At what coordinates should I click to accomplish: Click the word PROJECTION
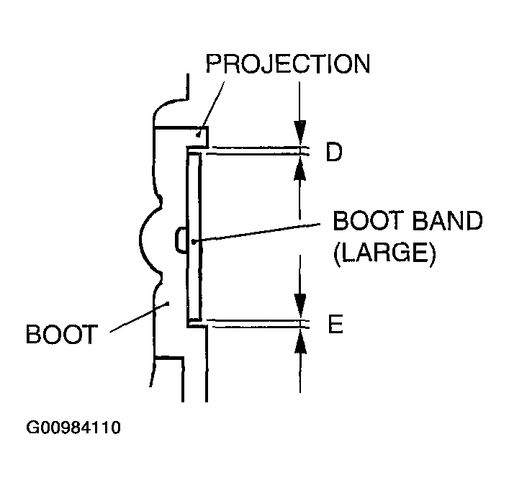click(x=287, y=63)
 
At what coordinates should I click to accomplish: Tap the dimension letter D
click(x=333, y=153)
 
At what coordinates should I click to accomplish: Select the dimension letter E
click(x=335, y=325)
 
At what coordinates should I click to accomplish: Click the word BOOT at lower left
click(x=60, y=335)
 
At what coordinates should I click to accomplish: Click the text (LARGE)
click(x=384, y=254)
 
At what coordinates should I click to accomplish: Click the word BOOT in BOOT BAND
click(x=364, y=222)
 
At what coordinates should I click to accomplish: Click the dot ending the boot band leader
click(x=192, y=243)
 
